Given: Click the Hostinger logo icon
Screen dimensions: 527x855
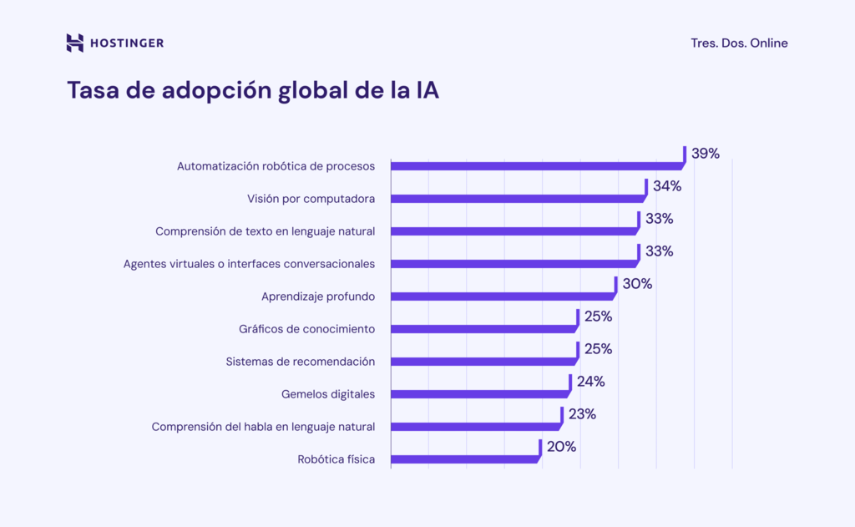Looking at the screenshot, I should pyautogui.click(x=75, y=43).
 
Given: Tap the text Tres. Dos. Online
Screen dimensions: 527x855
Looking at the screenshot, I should pyautogui.click(x=739, y=43).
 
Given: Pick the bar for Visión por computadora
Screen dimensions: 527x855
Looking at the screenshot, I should pyautogui.click(x=518, y=199).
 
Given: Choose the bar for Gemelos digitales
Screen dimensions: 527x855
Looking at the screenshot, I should pyautogui.click(x=480, y=394).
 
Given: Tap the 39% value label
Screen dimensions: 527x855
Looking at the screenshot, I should pyautogui.click(x=706, y=154).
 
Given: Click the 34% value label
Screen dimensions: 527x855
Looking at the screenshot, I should pyautogui.click(x=667, y=186).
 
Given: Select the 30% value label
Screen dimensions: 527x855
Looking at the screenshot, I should pyautogui.click(x=637, y=284).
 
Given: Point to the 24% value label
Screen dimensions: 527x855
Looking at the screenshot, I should pyautogui.click(x=590, y=382).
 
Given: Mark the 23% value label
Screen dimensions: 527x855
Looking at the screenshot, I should pyautogui.click(x=583, y=414).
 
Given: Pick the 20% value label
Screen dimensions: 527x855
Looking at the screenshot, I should pyautogui.click(x=561, y=447).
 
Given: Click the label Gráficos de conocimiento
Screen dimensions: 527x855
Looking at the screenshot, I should pyautogui.click(x=306, y=329).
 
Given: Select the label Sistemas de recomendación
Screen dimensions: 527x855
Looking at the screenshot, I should pyautogui.click(x=300, y=362).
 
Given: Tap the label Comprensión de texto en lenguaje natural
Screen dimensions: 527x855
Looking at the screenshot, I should pyautogui.click(x=265, y=231).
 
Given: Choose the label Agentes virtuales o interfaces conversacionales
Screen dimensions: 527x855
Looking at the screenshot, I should pyautogui.click(x=249, y=264).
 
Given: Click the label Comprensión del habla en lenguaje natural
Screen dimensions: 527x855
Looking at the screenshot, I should pyautogui.click(x=263, y=427).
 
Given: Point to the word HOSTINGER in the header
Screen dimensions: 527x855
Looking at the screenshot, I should pyautogui.click(x=127, y=43).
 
